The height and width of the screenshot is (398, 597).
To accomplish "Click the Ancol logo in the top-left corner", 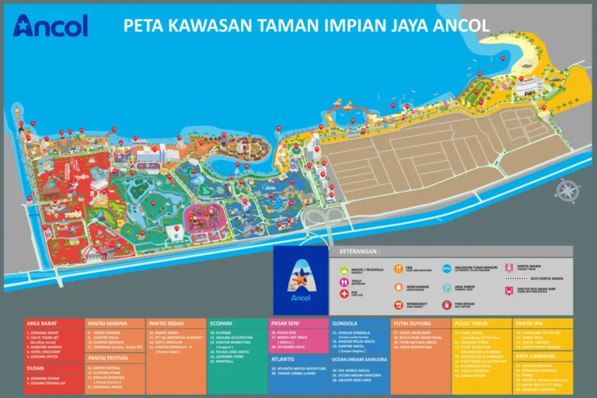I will click(51, 25).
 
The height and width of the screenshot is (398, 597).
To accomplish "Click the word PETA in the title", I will click(145, 25).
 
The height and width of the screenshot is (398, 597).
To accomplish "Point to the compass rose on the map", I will click(568, 190).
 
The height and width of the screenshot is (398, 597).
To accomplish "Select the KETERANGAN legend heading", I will click(358, 252).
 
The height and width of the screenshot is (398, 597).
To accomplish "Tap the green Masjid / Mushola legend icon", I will click(344, 270).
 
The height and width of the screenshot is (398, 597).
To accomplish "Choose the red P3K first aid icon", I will click(344, 294).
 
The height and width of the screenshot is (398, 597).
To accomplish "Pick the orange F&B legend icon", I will click(398, 269).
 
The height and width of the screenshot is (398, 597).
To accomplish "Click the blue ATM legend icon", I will click(447, 269).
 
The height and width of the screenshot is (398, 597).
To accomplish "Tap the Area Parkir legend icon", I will click(447, 287).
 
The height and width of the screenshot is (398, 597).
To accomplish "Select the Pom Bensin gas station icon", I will click(447, 305).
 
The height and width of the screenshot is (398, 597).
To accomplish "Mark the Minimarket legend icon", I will click(398, 305).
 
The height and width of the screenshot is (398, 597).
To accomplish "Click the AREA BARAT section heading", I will click(43, 323).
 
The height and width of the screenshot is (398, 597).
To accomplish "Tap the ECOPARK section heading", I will click(222, 323).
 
